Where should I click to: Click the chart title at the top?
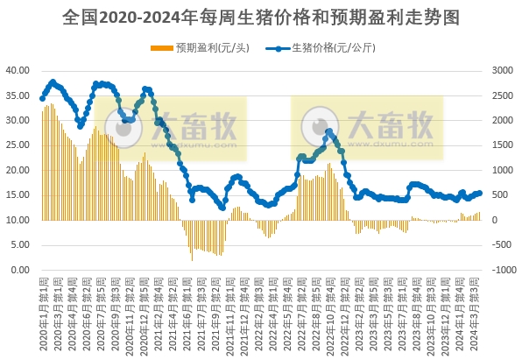pyautogui.click(x=261, y=17)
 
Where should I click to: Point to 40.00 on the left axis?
pyautogui.click(x=18, y=70)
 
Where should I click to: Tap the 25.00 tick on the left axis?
pyautogui.click(x=18, y=145)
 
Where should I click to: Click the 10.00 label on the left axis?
pyautogui.click(x=18, y=221)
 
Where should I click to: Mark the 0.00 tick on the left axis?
pyautogui.click(x=20, y=271)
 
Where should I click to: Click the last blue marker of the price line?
pyautogui.click(x=479, y=193)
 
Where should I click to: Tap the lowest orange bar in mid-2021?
pyautogui.click(x=192, y=259)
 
